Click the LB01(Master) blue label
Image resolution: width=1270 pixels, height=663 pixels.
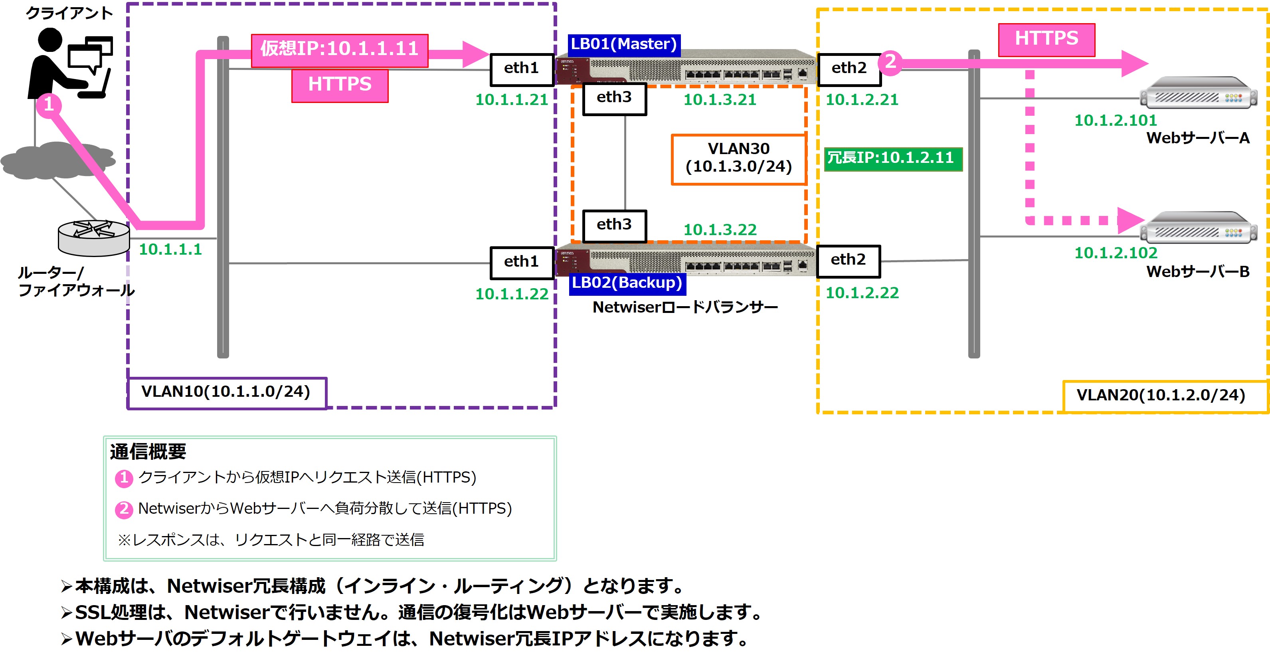[x=624, y=44]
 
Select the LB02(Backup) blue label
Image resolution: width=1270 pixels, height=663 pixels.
[x=627, y=283]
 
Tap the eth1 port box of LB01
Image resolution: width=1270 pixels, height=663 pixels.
[x=522, y=69]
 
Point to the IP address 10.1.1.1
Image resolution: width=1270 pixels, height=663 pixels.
[x=170, y=249]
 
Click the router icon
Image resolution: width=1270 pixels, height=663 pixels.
[x=94, y=237]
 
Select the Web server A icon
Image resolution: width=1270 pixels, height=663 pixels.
[x=1199, y=93]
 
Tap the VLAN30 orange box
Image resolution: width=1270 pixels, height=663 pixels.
[x=738, y=159]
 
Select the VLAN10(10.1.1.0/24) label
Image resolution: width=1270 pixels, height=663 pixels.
[x=227, y=392]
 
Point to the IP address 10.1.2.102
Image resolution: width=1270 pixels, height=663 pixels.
[x=1115, y=253]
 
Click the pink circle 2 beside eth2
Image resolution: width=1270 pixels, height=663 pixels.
[x=890, y=63]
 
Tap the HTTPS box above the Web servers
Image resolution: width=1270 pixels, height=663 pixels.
[x=1046, y=40]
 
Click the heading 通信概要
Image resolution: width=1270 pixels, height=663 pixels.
[x=148, y=451]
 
